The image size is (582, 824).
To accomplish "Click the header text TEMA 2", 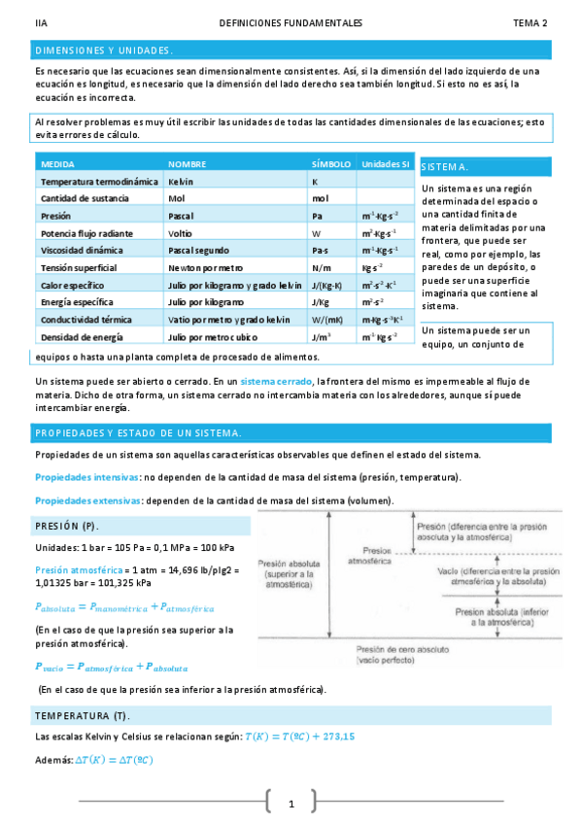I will pos(531,22).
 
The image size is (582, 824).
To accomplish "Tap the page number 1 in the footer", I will pos(291,804).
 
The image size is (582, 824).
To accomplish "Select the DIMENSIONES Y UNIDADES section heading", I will pos(104,50).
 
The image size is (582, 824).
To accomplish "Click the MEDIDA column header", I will pos(58,164).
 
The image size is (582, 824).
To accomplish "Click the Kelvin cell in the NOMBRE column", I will pos(181,182).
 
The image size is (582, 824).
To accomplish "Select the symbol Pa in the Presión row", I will pos(317,216).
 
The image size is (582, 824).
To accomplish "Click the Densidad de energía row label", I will pos(79,336).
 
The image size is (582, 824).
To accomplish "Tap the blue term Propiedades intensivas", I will pos(86,477).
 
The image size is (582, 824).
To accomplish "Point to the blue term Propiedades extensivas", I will pos(87,500).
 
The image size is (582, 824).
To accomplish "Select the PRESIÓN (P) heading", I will pos(67,526).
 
